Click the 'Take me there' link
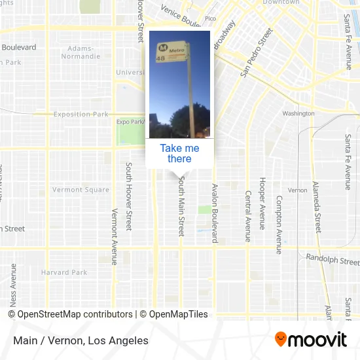point(179,153)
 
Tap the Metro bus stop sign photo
point(179,84)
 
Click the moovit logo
point(310,340)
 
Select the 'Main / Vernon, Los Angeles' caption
point(81,340)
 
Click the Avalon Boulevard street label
point(214,213)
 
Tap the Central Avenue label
point(247,217)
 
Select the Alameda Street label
point(315,207)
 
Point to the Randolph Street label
point(333,260)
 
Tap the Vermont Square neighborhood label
point(81,190)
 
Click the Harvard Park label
point(64,272)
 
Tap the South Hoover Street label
point(129,196)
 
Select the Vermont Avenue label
point(114,236)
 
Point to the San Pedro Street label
point(255,53)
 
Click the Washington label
point(298,113)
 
